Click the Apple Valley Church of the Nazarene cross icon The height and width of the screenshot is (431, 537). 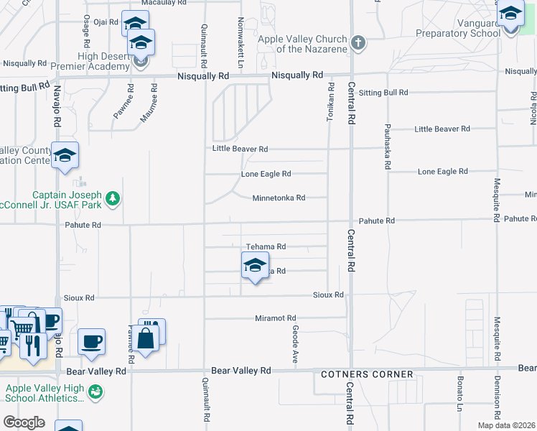(358, 44)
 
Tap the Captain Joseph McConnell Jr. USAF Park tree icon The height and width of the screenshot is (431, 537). (112, 198)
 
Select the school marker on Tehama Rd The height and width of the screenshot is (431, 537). (254, 267)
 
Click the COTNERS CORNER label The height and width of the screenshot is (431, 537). (367, 374)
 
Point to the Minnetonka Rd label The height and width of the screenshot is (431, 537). (279, 198)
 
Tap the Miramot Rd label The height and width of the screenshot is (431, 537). (276, 318)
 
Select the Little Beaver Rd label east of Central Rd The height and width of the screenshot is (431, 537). (442, 129)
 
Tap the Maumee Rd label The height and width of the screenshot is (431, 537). (154, 102)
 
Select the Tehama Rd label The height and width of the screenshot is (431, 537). (266, 246)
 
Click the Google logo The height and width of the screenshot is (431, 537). (24, 422)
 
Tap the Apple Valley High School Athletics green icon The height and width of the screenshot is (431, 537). (95, 391)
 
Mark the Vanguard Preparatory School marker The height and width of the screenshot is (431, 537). (510, 15)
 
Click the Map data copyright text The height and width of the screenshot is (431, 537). (506, 425)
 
